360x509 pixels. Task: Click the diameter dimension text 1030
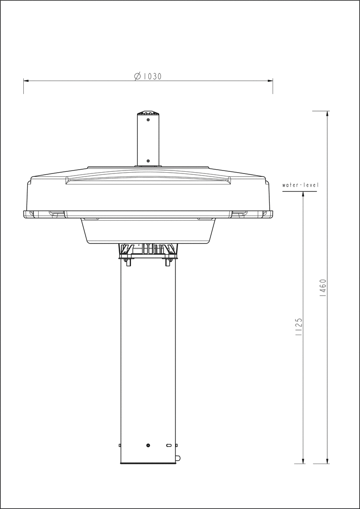click(x=152, y=76)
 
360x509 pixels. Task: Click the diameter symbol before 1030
click(x=137, y=76)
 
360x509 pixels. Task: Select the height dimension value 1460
click(x=323, y=288)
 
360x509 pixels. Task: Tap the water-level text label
click(x=300, y=185)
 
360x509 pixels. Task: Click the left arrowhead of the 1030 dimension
click(x=26, y=81)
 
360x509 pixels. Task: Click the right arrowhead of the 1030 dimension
click(x=270, y=81)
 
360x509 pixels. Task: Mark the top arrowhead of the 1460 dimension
click(x=327, y=114)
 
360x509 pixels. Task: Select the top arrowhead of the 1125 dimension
click(x=303, y=194)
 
